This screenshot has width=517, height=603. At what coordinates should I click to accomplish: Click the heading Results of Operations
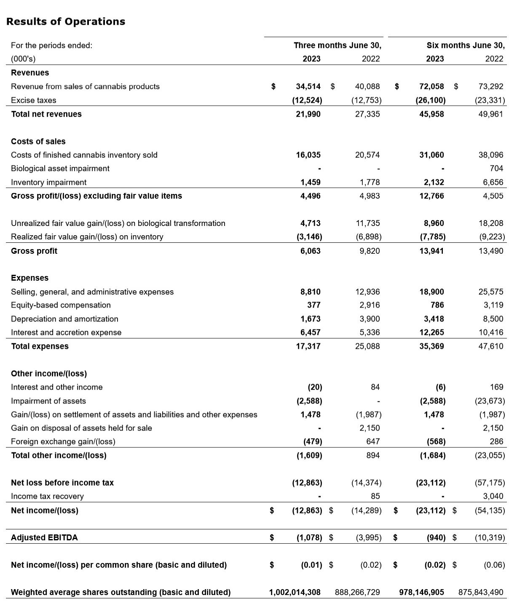[x=66, y=21]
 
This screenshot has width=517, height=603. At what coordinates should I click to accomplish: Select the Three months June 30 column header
[x=337, y=45]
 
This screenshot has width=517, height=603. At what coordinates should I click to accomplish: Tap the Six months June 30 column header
[x=465, y=45]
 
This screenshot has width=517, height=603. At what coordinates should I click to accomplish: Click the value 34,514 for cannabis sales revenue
[x=308, y=86]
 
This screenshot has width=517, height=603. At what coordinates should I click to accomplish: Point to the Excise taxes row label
[x=33, y=100]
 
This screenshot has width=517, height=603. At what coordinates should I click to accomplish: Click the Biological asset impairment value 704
[x=496, y=168]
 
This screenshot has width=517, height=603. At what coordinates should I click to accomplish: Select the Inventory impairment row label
[x=48, y=182]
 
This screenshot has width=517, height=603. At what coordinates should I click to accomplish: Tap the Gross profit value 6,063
[x=310, y=251]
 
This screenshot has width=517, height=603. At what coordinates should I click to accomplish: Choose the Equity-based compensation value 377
[x=313, y=305]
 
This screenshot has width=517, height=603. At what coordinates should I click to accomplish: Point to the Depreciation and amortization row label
[x=64, y=319]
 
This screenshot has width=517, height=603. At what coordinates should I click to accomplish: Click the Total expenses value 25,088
[x=367, y=346]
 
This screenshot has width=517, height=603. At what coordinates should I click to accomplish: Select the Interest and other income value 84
[x=375, y=387]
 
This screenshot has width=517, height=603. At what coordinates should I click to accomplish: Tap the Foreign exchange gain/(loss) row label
[x=63, y=441]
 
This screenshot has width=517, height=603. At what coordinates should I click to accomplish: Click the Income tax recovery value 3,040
[x=493, y=496]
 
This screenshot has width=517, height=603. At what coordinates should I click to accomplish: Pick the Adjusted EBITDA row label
[x=44, y=537]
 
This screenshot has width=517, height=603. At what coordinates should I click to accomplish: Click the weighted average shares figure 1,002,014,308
[x=295, y=592]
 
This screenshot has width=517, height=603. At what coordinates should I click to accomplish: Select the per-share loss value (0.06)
[x=494, y=565]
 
